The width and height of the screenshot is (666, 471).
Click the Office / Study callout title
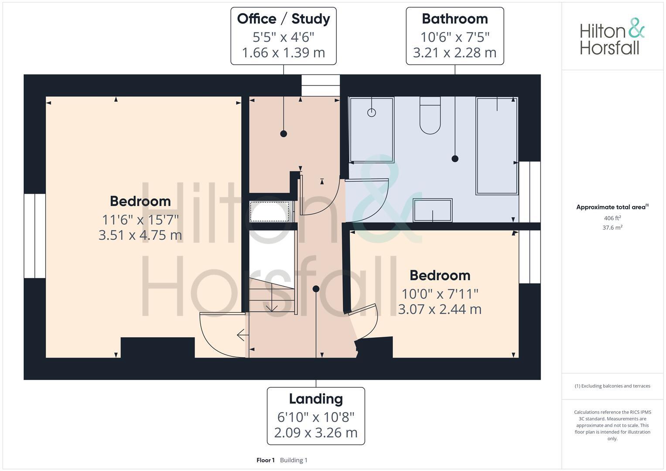pyautogui.click(x=283, y=19)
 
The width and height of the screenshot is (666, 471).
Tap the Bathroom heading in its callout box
pyautogui.click(x=454, y=19)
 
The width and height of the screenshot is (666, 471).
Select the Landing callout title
pyautogui.click(x=316, y=399)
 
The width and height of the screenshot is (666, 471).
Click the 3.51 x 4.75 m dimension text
pyautogui.click(x=140, y=235)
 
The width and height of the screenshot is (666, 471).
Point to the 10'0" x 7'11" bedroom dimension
pyautogui.click(x=440, y=293)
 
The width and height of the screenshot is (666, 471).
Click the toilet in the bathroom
pyautogui.click(x=430, y=116)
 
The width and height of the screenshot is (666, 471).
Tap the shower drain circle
pyautogui.click(x=372, y=113)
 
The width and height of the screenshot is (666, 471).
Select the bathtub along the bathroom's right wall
pyautogui.click(x=497, y=146)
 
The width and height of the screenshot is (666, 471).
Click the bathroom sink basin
pyautogui.click(x=433, y=210)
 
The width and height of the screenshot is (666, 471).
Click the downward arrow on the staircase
pyautogui.click(x=272, y=305)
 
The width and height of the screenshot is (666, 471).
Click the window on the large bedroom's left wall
pyautogui.click(x=35, y=236)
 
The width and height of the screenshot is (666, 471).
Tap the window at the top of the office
pyautogui.click(x=321, y=85)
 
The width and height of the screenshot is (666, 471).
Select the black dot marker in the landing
pyautogui.click(x=316, y=289)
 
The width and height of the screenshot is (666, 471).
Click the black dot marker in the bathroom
pyautogui.click(x=455, y=159)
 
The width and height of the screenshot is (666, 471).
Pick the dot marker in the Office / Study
pyautogui.click(x=283, y=134)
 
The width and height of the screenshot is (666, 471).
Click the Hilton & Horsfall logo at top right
pyautogui.click(x=612, y=37)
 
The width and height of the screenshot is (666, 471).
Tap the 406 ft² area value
pyautogui.click(x=612, y=218)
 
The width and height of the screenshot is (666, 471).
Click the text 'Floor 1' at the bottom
pyautogui.click(x=265, y=460)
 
